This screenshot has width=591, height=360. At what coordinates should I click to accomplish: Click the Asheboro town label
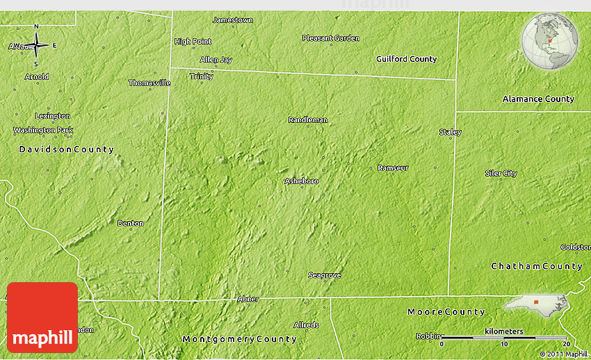pos(301,181)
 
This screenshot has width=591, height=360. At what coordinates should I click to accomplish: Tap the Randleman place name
pos(307,120)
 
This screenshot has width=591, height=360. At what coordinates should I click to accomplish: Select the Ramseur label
pos(393,168)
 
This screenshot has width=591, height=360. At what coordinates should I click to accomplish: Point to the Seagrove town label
pos(324,275)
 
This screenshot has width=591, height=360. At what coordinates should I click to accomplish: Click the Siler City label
pos(501,173)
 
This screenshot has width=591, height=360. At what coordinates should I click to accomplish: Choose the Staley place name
pos(450,132)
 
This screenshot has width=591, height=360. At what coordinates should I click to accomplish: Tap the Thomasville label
pos(149,83)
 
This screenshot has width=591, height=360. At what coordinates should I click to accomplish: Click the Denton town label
pos(130,223)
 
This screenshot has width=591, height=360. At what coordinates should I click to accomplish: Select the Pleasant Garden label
pos(330,38)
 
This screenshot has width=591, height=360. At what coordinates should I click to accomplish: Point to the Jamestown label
pos(232,20)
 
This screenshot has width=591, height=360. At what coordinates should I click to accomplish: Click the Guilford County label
pos(406,59)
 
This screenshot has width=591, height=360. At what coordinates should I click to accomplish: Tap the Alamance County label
pos(538,99)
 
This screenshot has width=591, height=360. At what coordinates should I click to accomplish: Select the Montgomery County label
pos(239,339)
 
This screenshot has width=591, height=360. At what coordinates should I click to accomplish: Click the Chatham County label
pos(537,266)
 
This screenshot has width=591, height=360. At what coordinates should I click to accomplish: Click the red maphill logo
pos(42,318)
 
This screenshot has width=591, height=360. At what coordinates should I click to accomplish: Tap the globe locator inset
pos(550,42)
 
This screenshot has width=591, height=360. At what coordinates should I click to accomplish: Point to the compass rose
pos(36,46)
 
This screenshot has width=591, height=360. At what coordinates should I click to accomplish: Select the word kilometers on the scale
pos(504,332)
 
